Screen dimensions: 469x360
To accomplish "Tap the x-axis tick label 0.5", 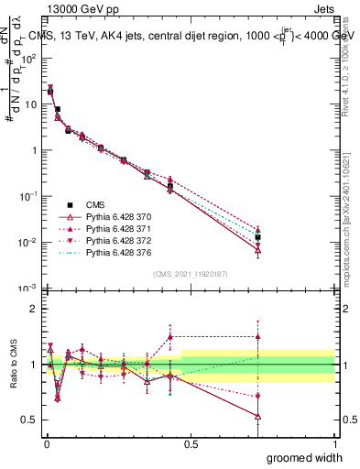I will pos(191,443).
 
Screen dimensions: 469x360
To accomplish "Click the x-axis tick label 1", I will pos(333,443).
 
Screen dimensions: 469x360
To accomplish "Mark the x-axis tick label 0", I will pos(47,443).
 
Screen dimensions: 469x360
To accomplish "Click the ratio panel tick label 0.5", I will pos(28,420).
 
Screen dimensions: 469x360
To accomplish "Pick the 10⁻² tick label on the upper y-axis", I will pos(29,243).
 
